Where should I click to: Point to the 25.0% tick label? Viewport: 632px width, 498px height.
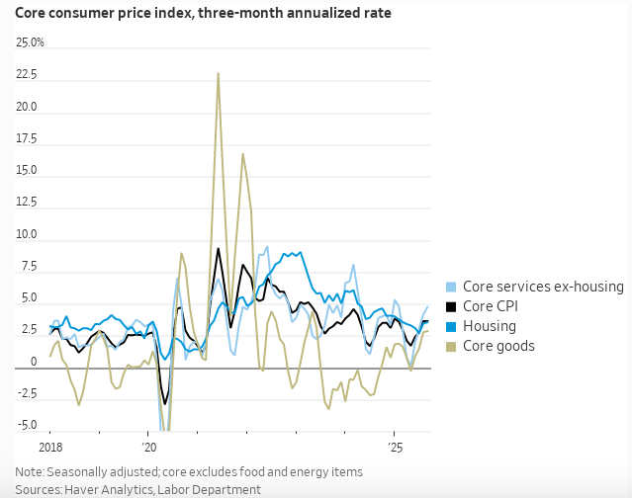tap(30, 43)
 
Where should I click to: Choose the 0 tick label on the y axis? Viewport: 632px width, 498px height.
tap(33, 362)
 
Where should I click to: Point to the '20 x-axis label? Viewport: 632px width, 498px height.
tap(148, 447)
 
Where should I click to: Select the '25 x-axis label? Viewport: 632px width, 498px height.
tap(395, 447)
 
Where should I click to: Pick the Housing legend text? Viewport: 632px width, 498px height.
tap(491, 326)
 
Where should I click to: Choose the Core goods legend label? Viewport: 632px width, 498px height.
tap(498, 346)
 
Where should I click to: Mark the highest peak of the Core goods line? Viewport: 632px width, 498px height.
tap(219, 73)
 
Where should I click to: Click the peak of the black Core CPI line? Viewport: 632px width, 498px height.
tap(219, 248)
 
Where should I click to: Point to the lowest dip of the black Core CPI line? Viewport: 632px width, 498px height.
tap(165, 403)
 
